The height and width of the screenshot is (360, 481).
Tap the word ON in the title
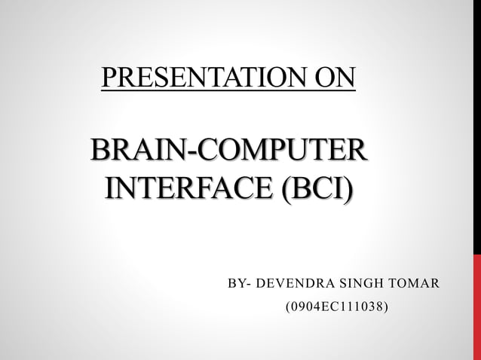[x=336, y=78]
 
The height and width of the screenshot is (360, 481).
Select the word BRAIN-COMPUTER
[x=229, y=150]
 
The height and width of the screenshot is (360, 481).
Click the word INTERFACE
[x=188, y=188]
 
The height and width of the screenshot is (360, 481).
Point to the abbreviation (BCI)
[x=315, y=188]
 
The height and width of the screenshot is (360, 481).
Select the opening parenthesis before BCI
[x=283, y=188]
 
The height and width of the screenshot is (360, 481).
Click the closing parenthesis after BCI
[x=348, y=188]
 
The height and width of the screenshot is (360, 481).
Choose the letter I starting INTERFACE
[x=112, y=188]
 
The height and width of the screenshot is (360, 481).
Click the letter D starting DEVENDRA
[x=262, y=284]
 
